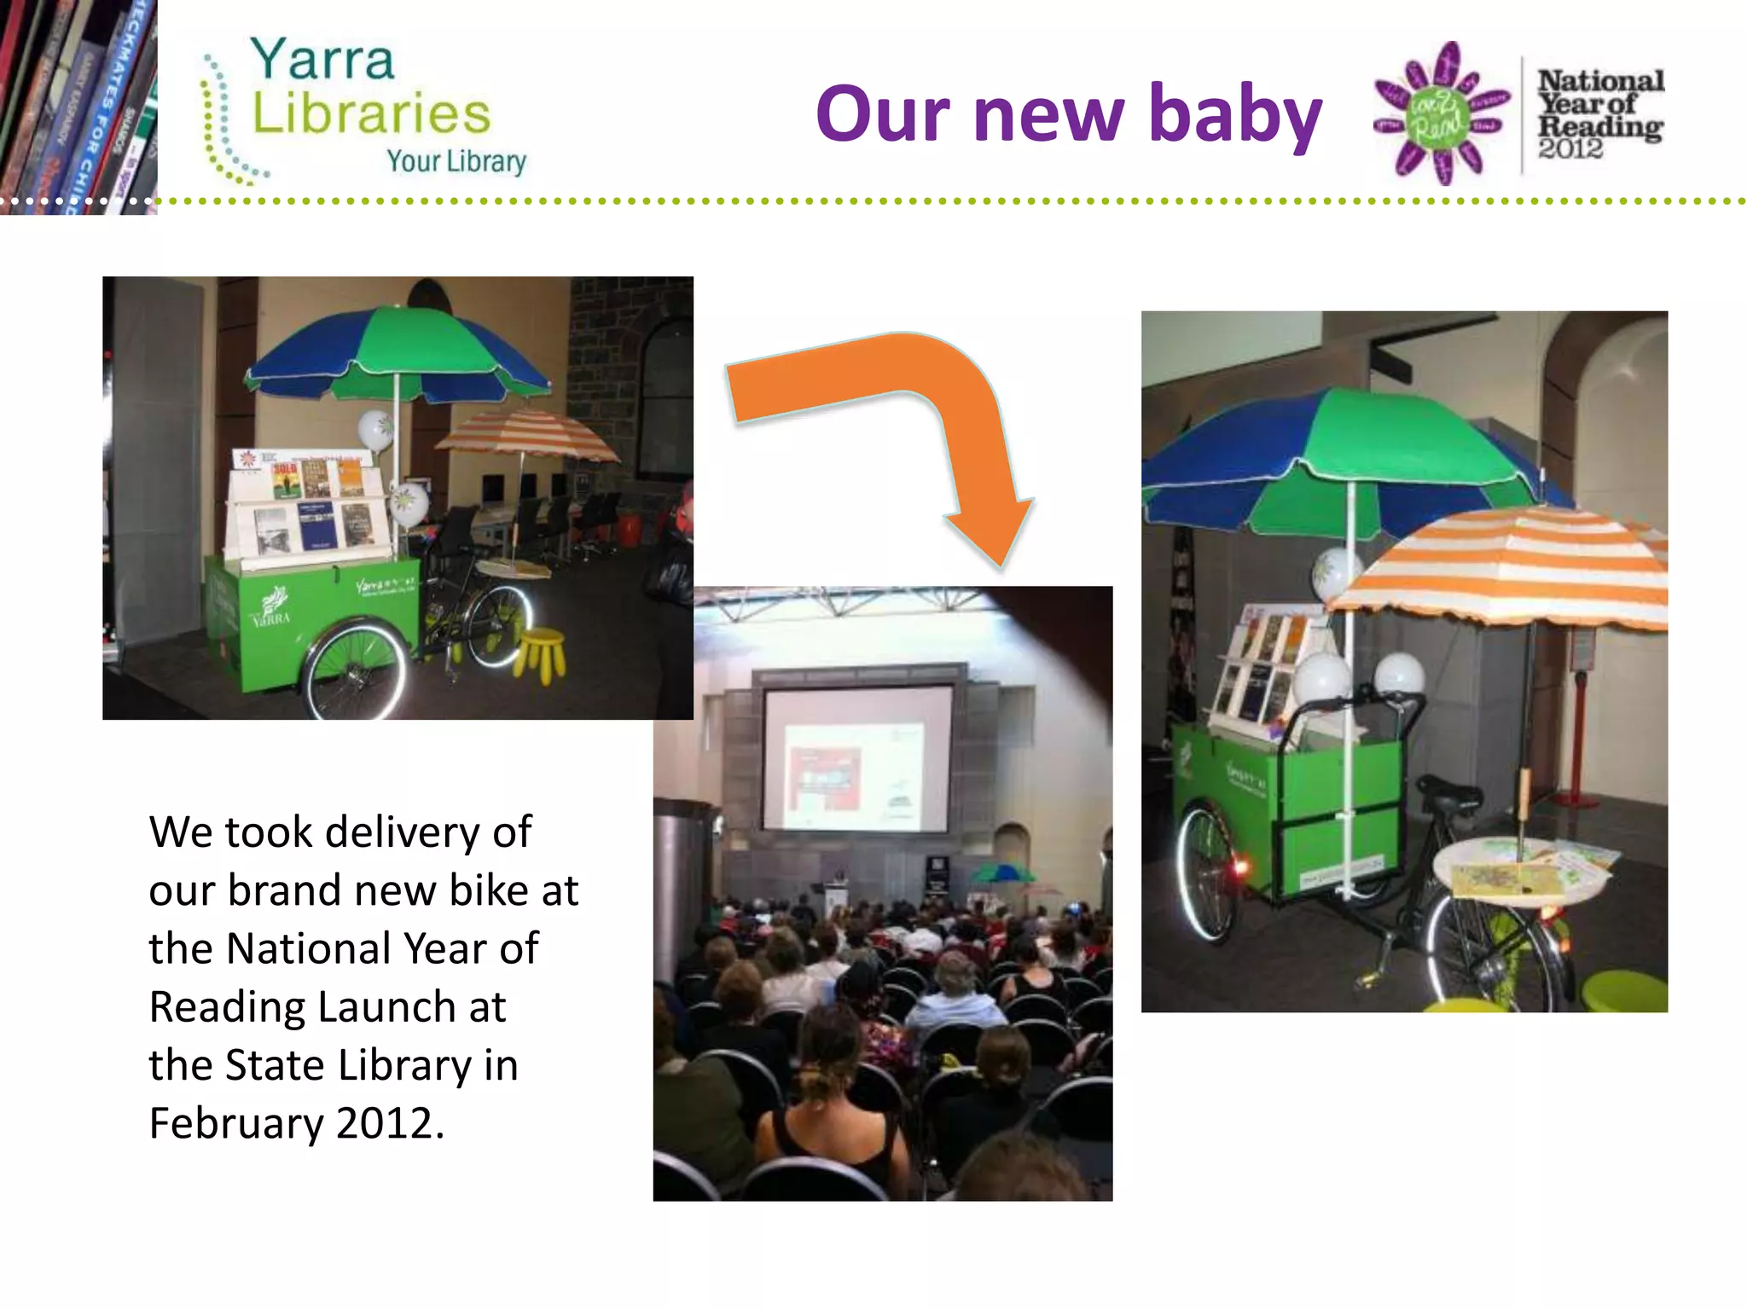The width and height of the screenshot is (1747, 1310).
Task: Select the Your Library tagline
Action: point(456,161)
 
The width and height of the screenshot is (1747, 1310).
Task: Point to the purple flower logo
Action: point(1441,113)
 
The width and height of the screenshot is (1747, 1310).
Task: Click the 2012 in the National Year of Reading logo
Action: point(1570,149)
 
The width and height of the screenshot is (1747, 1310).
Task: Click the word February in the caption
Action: point(236,1124)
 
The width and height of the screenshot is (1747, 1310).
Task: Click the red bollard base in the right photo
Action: point(1575,800)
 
